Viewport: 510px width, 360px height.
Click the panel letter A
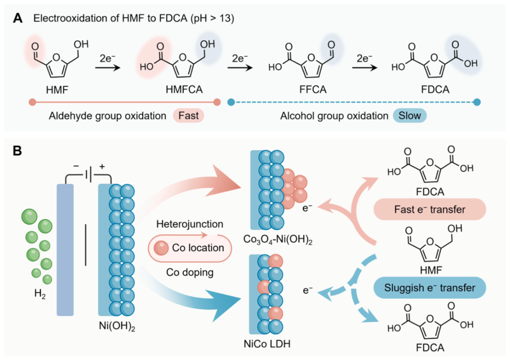click(x=17, y=18)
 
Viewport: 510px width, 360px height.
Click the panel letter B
click(x=17, y=151)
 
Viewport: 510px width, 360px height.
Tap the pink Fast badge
click(x=188, y=116)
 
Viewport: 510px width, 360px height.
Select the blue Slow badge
click(x=409, y=116)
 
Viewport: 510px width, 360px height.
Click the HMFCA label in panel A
click(x=184, y=89)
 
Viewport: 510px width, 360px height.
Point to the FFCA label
click(x=313, y=89)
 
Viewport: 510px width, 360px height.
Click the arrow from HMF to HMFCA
click(x=108, y=68)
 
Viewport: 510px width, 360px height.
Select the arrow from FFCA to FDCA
click(x=365, y=68)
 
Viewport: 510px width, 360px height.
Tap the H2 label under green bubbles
click(x=40, y=294)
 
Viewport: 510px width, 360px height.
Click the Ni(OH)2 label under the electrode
click(x=117, y=326)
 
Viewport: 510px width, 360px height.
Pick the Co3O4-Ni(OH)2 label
click(x=278, y=240)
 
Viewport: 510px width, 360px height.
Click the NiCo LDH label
click(x=267, y=344)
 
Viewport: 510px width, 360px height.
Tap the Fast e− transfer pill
click(x=430, y=209)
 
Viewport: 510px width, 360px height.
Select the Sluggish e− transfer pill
click(x=430, y=288)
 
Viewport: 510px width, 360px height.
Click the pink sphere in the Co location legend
click(x=161, y=248)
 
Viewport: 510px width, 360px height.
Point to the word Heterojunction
click(x=190, y=224)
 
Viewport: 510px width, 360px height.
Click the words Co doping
click(x=190, y=272)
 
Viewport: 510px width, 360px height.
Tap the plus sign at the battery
click(x=102, y=167)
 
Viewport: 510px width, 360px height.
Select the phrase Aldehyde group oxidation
click(x=107, y=116)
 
